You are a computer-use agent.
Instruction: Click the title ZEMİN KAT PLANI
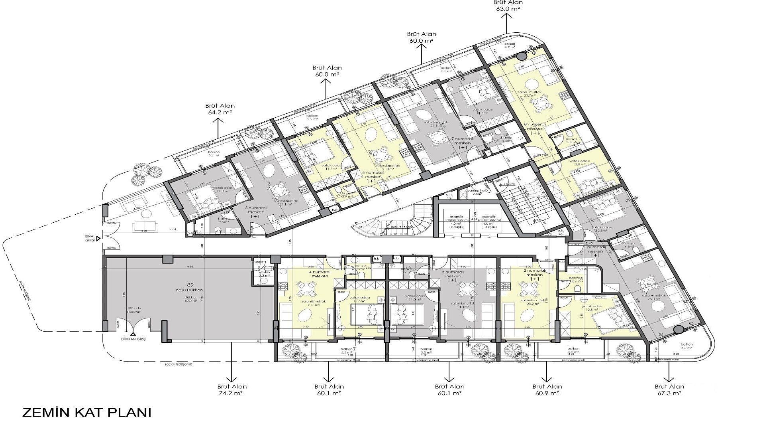click(x=86, y=413)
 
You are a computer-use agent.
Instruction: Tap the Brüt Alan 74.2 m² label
click(x=232, y=389)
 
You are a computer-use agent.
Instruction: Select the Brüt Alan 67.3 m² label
click(x=669, y=389)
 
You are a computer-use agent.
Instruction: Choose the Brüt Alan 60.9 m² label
click(x=547, y=389)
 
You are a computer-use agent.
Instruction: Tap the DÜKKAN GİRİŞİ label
click(x=134, y=339)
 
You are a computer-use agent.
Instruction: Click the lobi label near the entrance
click(x=173, y=229)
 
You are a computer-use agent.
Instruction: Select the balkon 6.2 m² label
click(x=687, y=346)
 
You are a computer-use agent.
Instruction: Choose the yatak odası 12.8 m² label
click(x=593, y=308)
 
